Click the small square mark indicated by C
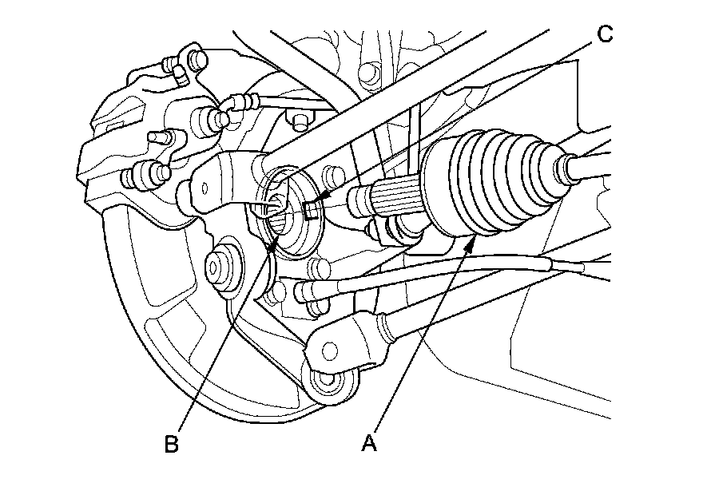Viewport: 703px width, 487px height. tap(312, 211)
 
